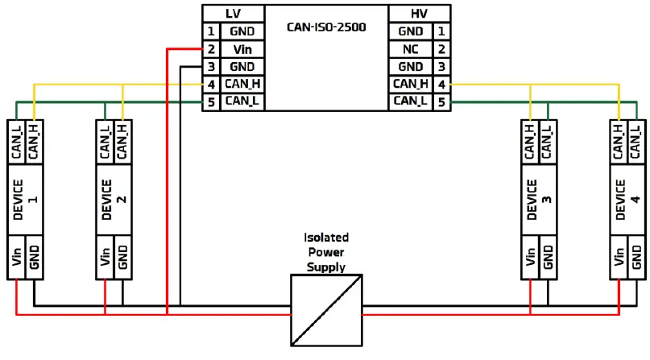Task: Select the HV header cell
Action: coord(419,14)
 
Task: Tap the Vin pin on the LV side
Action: coord(242,49)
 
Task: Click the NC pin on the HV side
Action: coord(411,49)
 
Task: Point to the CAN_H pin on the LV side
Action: coord(242,84)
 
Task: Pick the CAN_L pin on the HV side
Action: coord(411,101)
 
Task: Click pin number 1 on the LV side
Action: coord(209,31)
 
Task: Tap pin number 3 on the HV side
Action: coord(441,67)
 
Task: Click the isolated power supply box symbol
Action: coord(326,308)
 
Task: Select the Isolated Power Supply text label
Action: coord(325,252)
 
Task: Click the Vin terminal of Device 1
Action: coord(16,258)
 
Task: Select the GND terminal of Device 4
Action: coord(636,258)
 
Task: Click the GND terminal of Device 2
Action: coord(122,258)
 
